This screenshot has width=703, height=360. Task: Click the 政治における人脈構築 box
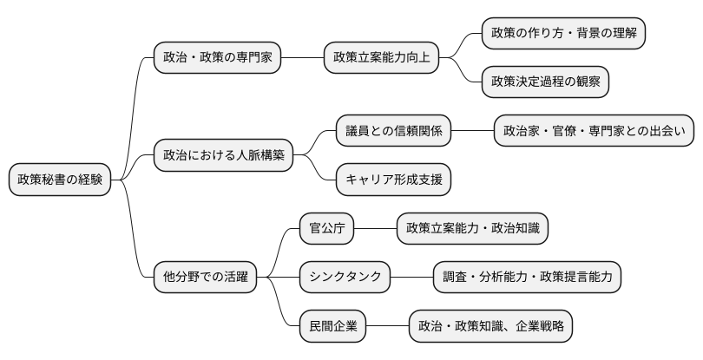pyautogui.click(x=223, y=155)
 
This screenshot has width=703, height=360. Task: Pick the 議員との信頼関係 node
pyautogui.click(x=394, y=131)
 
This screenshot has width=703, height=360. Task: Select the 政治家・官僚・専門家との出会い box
pyautogui.click(x=595, y=131)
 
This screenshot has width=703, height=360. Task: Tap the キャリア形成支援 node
pyautogui.click(x=394, y=180)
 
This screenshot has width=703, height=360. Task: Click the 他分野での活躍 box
pyautogui.click(x=205, y=278)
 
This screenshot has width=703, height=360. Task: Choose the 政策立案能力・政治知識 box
pyautogui.click(x=473, y=229)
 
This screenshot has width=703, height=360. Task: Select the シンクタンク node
pyautogui.click(x=345, y=278)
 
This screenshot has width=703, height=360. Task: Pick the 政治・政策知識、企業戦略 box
pyautogui.click(x=490, y=327)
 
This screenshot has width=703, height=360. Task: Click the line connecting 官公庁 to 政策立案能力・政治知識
pyautogui.click(x=376, y=229)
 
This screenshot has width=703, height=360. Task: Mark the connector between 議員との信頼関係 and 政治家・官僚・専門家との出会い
pyautogui.click(x=472, y=131)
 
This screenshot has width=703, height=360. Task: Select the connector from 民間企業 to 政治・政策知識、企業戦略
pyautogui.click(x=388, y=327)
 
